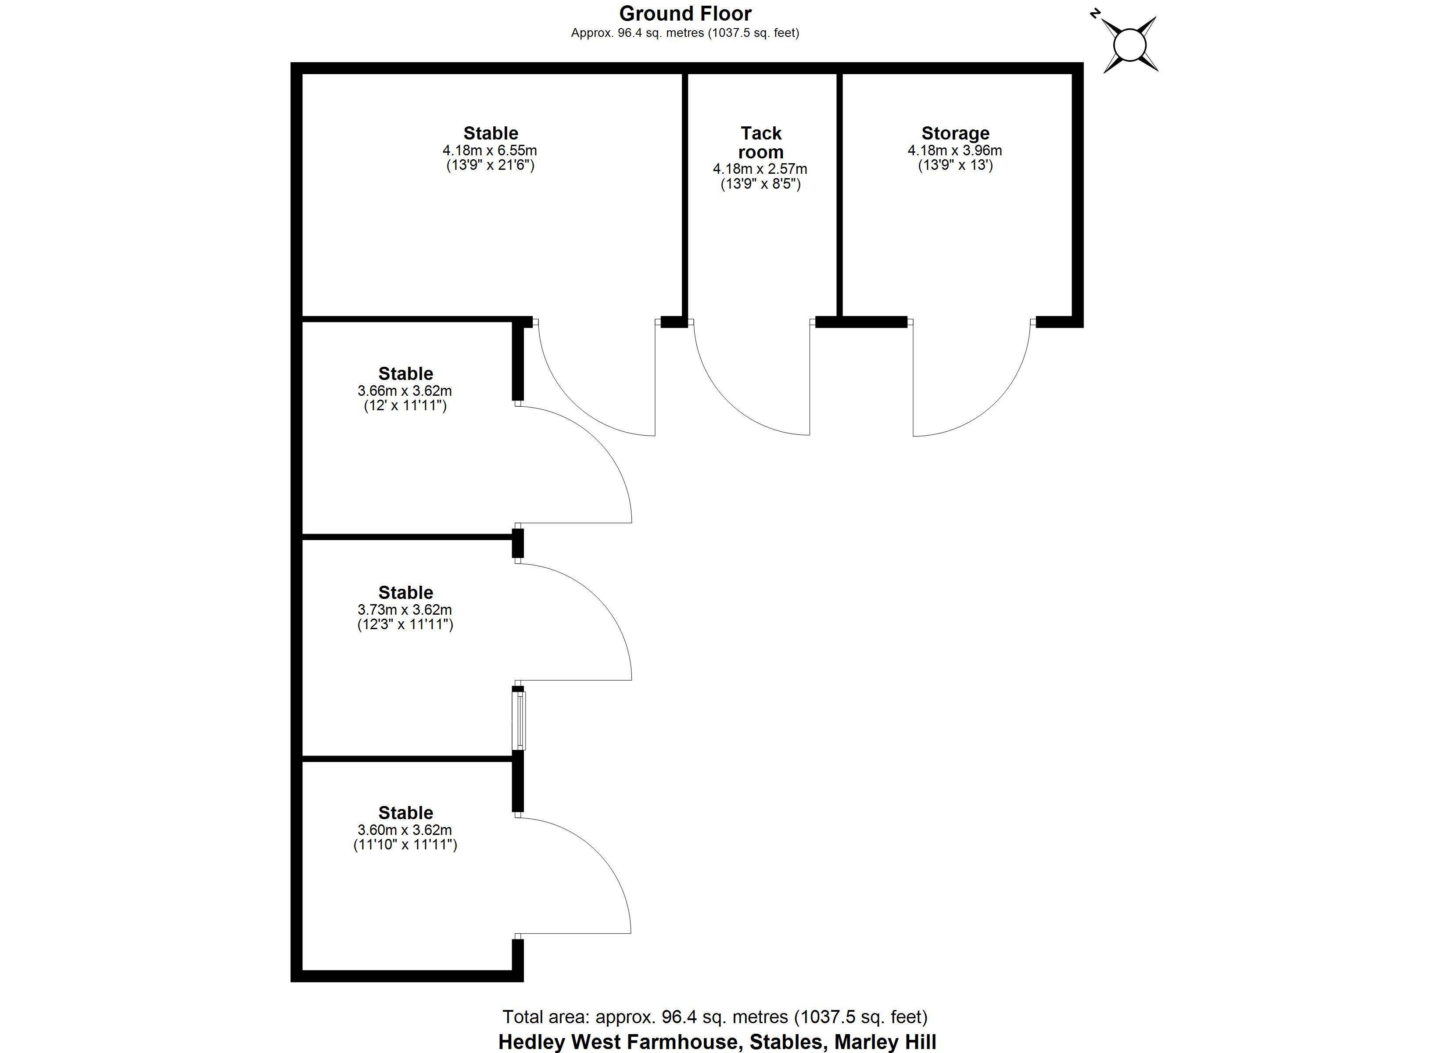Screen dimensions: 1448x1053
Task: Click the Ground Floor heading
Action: (685, 14)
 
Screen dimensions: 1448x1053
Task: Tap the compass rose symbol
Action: (1129, 45)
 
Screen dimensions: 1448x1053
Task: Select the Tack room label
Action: (760, 143)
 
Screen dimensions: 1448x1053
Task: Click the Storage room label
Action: (955, 133)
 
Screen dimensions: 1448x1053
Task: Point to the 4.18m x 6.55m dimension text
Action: (490, 150)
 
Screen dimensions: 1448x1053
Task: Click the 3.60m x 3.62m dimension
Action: (405, 830)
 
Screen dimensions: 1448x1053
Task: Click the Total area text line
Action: (714, 1017)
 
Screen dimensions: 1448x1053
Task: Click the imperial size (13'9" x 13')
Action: (955, 165)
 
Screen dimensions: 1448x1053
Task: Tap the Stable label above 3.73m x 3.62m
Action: (405, 593)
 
